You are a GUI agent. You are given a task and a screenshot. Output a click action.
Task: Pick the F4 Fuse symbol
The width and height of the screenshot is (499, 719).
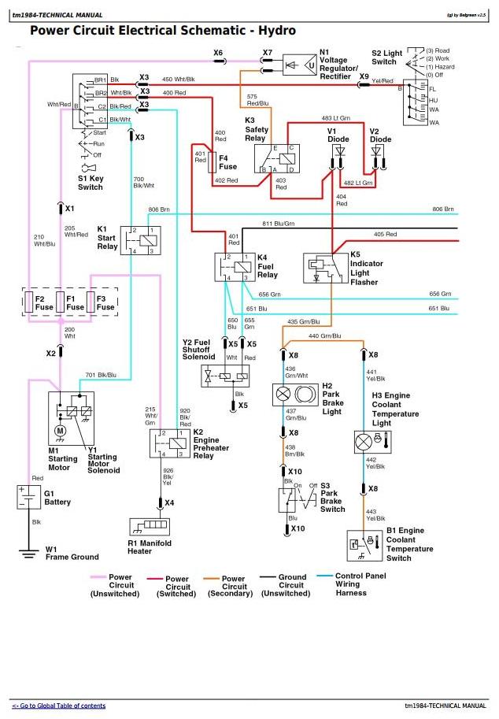click(x=212, y=163)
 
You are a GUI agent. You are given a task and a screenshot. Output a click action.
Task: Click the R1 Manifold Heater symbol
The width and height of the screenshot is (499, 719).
click(x=150, y=526)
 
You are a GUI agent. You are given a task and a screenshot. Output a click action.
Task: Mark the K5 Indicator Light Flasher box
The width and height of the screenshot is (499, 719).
click(x=325, y=268)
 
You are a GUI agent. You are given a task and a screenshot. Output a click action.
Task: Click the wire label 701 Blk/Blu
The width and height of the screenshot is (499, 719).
click(x=101, y=375)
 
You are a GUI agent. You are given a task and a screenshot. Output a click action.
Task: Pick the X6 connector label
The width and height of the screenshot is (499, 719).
click(x=218, y=52)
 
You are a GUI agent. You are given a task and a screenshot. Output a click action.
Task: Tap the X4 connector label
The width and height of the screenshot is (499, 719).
click(x=169, y=502)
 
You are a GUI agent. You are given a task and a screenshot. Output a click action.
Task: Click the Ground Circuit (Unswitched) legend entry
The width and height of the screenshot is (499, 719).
click(x=292, y=582)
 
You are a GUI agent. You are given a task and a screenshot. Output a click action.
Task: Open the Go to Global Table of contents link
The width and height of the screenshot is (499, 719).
click(x=58, y=706)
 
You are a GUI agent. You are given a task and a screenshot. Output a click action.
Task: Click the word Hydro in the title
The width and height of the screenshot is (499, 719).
click(x=275, y=31)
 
